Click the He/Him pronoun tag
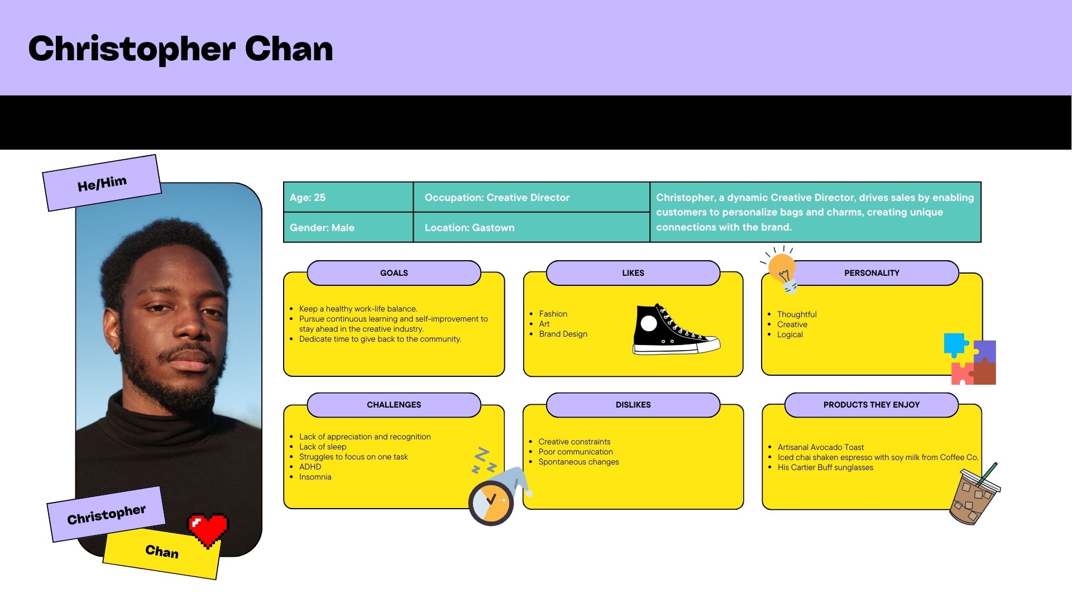tap(102, 183)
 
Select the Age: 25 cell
tap(348, 197)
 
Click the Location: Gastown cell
tap(530, 227)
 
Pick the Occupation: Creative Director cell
tap(530, 197)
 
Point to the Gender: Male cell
tap(348, 227)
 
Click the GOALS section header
tap(394, 273)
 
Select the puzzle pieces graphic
tap(970, 359)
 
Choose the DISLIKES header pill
tap(633, 405)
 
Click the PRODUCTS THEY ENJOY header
tap(871, 405)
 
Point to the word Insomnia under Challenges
tap(315, 477)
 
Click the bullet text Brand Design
tap(563, 334)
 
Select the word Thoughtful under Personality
tap(796, 314)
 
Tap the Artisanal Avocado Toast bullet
tap(820, 447)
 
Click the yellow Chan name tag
tap(162, 552)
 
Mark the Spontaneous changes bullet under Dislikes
tap(578, 462)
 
